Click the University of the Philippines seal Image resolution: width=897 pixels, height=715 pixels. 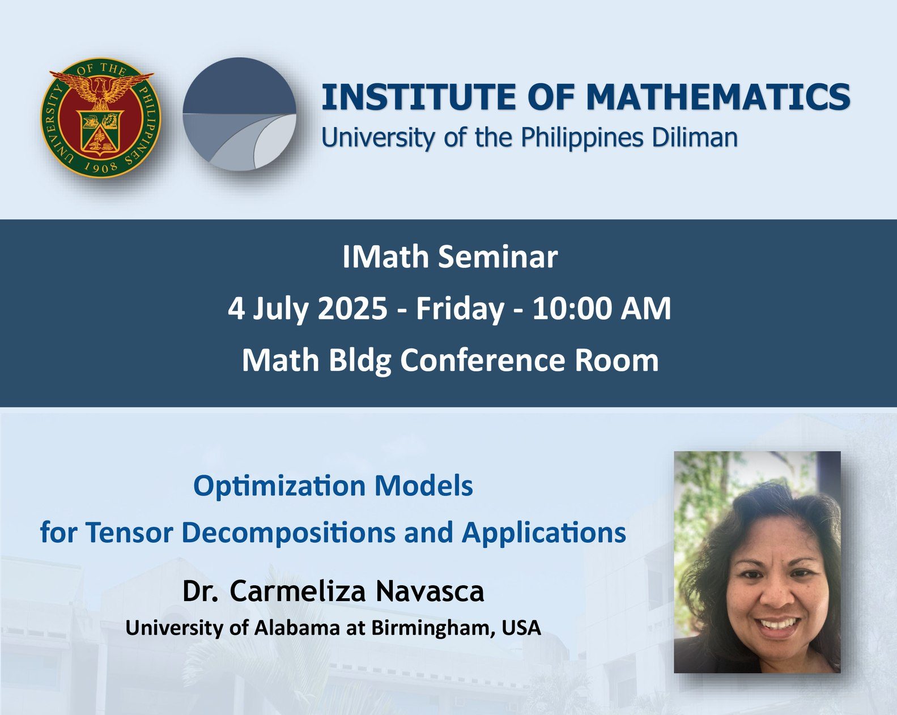click(100, 118)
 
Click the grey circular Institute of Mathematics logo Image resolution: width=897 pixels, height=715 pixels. click(240, 114)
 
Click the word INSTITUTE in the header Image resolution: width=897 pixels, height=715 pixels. click(419, 97)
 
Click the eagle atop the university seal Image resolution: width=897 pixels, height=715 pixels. click(101, 88)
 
